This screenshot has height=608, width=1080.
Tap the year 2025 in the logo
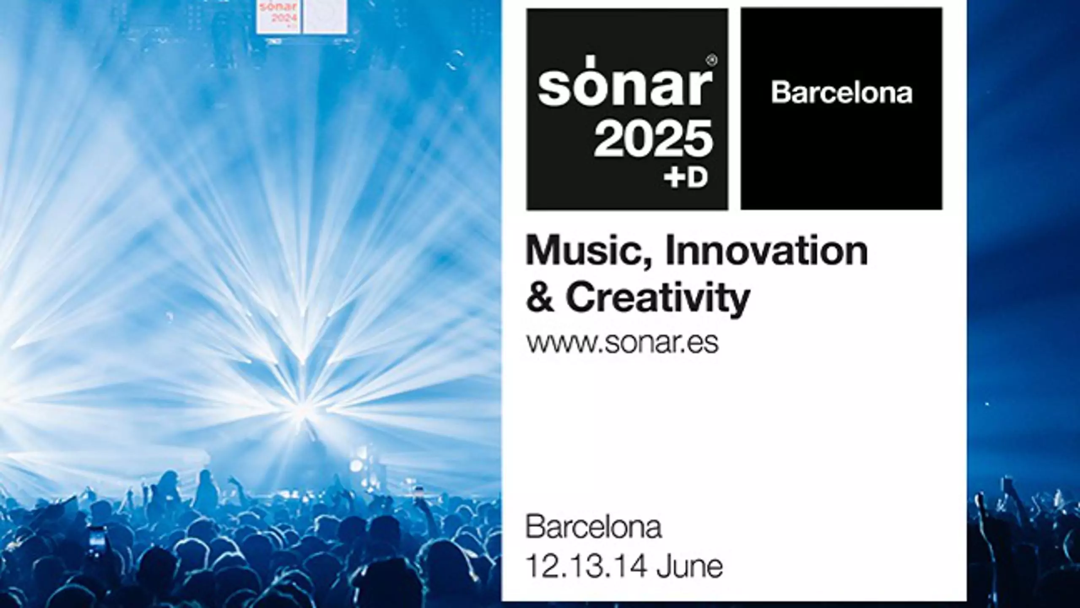(x=653, y=138)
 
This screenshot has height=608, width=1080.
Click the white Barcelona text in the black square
(x=842, y=93)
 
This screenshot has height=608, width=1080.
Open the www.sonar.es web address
(x=622, y=343)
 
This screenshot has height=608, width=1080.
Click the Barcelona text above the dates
(x=593, y=528)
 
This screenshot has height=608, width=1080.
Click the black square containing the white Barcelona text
(x=842, y=109)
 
